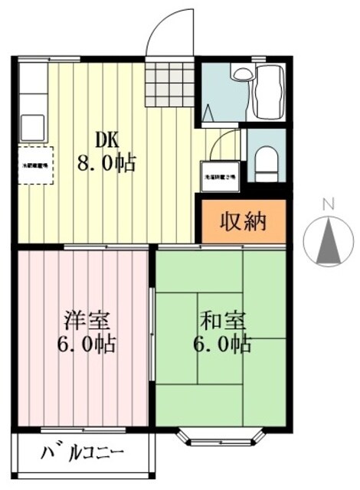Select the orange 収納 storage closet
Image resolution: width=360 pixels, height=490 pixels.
click(x=244, y=221)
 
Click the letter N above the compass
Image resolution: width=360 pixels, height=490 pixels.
click(x=329, y=204)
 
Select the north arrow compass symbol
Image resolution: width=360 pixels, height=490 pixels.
click(x=329, y=241)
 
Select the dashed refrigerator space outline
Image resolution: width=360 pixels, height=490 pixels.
click(x=34, y=165)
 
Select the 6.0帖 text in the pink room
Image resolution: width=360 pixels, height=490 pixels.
click(x=83, y=345)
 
